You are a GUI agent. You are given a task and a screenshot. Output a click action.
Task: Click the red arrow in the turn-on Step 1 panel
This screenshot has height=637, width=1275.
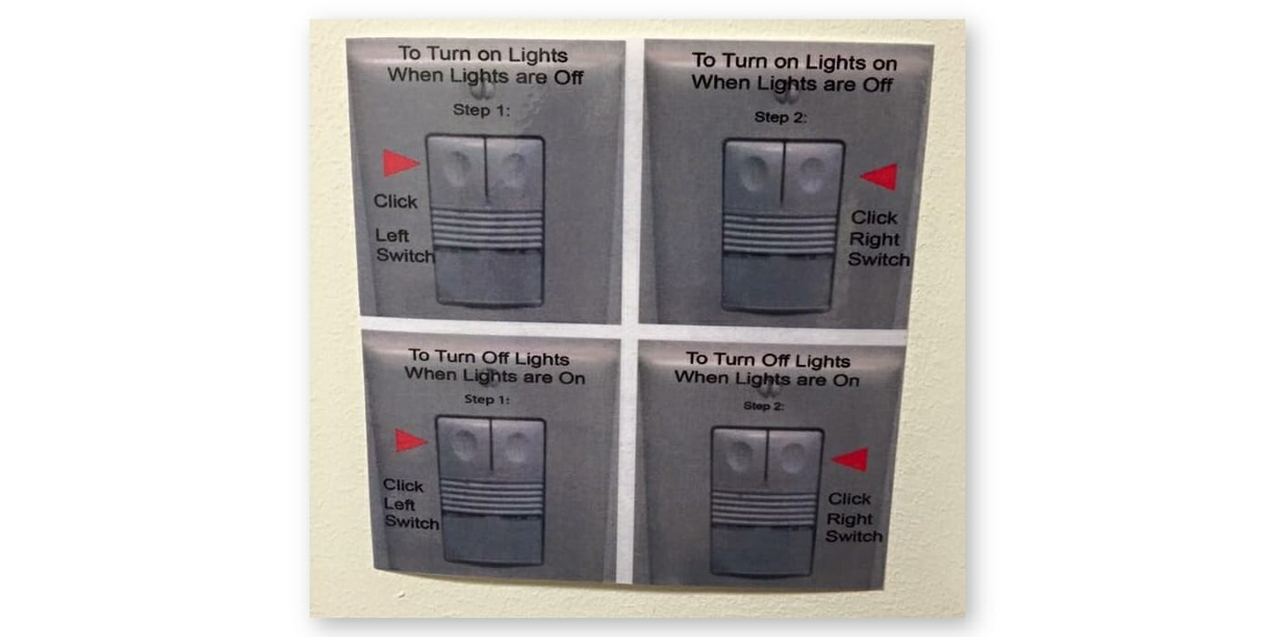(401, 163)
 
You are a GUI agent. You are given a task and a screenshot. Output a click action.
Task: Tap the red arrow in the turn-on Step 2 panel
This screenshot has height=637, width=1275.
(880, 177)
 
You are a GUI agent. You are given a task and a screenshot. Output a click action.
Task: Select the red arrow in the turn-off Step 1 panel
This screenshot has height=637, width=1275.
(411, 440)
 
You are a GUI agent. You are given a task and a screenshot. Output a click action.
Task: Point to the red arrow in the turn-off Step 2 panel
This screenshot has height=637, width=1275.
(851, 460)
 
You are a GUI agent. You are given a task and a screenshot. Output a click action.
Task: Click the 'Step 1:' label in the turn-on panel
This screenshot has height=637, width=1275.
(482, 110)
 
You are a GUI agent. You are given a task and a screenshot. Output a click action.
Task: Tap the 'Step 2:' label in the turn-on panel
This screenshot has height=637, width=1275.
(780, 117)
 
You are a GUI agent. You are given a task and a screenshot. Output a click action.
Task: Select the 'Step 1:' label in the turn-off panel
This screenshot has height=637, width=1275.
(486, 399)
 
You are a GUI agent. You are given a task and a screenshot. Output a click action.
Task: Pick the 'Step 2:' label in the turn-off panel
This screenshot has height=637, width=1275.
(763, 406)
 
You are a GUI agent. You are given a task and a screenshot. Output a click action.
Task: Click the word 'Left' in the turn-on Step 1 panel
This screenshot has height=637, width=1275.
(393, 236)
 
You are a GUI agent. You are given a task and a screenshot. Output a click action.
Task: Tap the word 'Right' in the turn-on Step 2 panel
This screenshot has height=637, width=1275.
(874, 239)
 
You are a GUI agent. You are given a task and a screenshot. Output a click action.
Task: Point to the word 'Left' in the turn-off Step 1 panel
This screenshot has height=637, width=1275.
(399, 504)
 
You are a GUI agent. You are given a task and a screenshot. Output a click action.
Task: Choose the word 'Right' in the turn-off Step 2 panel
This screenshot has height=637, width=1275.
(849, 519)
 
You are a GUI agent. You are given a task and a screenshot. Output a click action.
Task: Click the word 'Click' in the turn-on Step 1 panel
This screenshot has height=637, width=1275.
(395, 201)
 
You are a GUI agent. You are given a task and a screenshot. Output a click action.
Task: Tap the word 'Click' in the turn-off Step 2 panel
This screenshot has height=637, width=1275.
(849, 499)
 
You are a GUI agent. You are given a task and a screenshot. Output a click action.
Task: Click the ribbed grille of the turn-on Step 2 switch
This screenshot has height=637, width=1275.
(780, 233)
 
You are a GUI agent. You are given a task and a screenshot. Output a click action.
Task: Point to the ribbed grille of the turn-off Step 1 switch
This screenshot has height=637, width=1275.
(493, 496)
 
